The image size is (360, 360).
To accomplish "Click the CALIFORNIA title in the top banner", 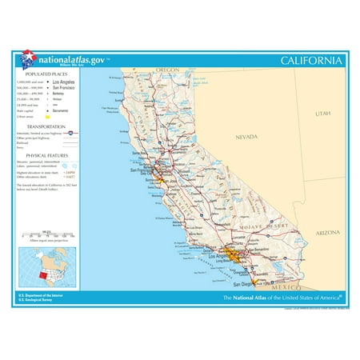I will tap(312, 62).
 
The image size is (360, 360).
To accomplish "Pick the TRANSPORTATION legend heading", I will tap(46, 126).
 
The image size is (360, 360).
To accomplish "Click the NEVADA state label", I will tap(246, 137).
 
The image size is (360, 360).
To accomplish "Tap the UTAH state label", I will tap(322, 114).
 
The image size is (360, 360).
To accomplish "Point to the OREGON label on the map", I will tap(169, 70).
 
